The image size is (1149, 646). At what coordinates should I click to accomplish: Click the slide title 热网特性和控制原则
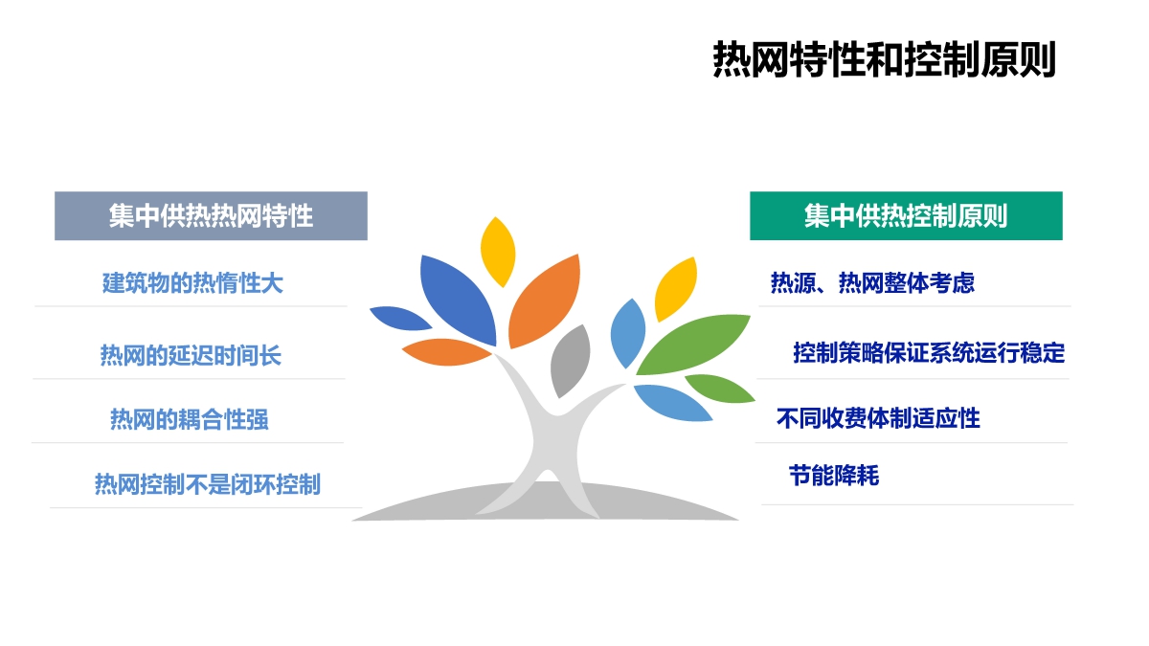coord(884,59)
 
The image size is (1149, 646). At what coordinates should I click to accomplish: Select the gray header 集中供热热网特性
coord(211,216)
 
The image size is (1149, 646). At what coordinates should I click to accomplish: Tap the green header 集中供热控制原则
coord(906,216)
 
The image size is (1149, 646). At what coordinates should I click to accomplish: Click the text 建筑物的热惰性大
coord(192,283)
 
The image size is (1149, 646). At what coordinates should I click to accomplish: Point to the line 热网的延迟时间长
coord(191,355)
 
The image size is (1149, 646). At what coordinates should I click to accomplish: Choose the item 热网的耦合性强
coord(190,419)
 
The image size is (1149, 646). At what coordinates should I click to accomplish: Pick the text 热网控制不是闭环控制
coord(207,484)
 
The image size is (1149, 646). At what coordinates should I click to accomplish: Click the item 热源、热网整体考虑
coord(872,282)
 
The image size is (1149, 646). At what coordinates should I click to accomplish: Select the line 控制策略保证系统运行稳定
coord(929,353)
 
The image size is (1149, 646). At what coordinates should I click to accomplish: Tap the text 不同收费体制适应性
coord(878,418)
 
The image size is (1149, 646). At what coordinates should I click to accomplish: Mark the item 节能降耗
coord(834,476)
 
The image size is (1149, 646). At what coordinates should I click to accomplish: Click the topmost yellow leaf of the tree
coord(498,252)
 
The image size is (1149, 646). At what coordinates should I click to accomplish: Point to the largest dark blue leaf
coord(457,300)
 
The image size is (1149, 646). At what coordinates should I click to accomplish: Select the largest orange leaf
coord(544,301)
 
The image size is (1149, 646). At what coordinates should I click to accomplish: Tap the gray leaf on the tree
coord(570,361)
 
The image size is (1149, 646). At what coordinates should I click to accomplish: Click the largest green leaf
coord(692,344)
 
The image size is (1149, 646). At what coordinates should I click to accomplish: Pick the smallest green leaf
coord(719,389)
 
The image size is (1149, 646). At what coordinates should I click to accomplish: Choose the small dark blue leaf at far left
coord(400,319)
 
